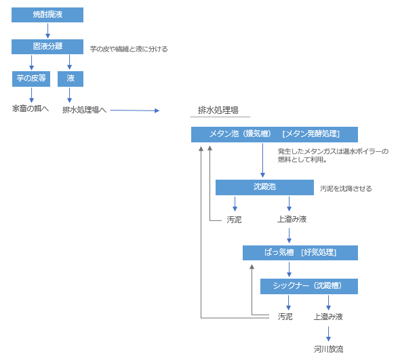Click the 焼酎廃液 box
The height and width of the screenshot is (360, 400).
(x=47, y=15)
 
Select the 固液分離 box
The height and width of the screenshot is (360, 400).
(x=47, y=47)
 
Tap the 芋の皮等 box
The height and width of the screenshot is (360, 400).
(x=31, y=79)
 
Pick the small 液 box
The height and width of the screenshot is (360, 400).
(x=71, y=79)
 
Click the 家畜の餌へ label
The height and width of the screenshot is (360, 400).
(x=31, y=108)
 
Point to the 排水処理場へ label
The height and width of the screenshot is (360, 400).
(x=85, y=110)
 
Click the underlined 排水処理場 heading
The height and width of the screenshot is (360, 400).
(x=218, y=111)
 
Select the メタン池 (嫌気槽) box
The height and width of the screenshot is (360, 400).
(x=275, y=134)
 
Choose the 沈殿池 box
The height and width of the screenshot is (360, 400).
(x=264, y=187)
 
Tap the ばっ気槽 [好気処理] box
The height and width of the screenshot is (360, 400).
(x=300, y=253)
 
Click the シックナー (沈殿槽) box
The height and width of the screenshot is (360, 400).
(x=309, y=286)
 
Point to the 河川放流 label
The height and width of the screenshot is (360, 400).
(x=329, y=348)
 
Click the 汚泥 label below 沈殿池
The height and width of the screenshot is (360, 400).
(x=234, y=220)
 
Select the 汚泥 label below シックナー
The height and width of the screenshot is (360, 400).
(x=285, y=317)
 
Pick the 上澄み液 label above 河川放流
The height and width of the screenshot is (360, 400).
(x=328, y=317)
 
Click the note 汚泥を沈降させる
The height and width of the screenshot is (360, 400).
(x=346, y=188)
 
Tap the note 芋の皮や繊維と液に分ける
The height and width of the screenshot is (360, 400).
(x=129, y=49)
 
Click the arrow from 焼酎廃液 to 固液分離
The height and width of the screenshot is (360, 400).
(x=47, y=31)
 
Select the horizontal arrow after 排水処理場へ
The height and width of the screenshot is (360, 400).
(x=135, y=111)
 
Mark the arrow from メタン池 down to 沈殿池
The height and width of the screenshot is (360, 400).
(x=262, y=161)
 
